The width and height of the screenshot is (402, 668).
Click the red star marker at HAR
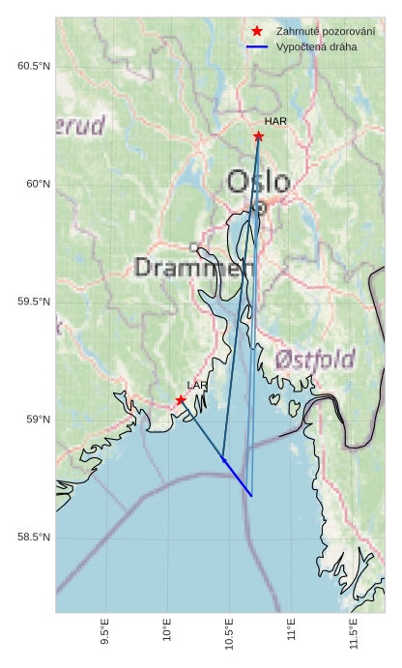click(x=258, y=136)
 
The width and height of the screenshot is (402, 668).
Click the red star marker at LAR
click(x=181, y=399)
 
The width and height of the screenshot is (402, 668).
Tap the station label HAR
click(x=275, y=121)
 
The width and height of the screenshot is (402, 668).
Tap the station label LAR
click(x=197, y=385)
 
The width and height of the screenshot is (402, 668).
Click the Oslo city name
click(x=258, y=182)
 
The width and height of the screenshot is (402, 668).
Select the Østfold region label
click(x=314, y=360)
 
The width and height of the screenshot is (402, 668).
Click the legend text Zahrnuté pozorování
click(x=325, y=31)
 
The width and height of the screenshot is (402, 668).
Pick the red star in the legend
click(x=257, y=31)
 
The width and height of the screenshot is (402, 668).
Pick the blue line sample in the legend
click(x=257, y=46)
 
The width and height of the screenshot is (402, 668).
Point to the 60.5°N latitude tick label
click(x=34, y=66)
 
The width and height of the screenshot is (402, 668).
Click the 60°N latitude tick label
click(x=38, y=184)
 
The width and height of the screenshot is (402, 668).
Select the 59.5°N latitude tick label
click(x=34, y=302)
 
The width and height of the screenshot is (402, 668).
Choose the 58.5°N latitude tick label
click(x=34, y=537)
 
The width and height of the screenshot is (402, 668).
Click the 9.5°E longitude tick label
click(x=105, y=634)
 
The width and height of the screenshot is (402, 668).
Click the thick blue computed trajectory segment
click(x=238, y=478)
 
